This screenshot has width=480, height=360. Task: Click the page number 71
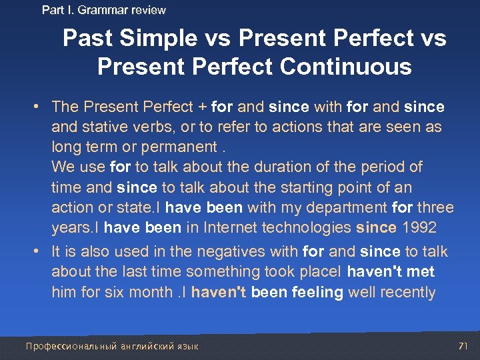(x=463, y=346)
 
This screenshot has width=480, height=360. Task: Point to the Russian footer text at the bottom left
(x=112, y=346)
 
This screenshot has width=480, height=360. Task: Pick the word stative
(x=107, y=127)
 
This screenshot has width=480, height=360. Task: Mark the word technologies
(x=307, y=227)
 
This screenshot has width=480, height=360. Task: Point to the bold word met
(x=420, y=272)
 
